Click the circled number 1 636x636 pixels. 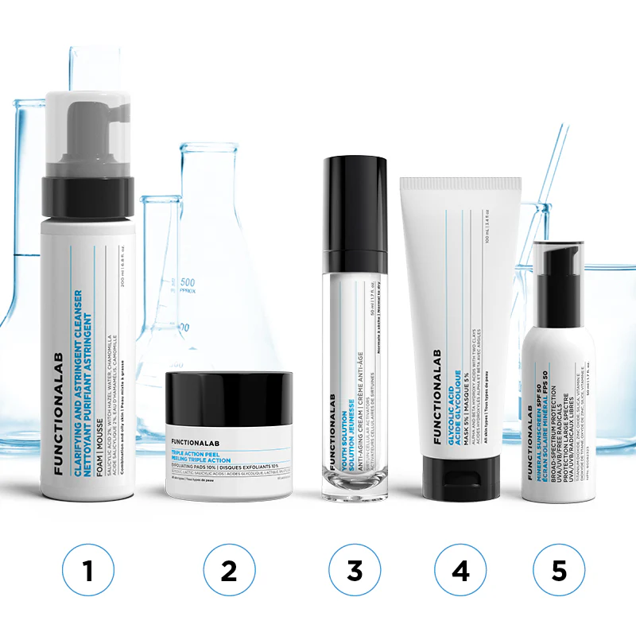88,570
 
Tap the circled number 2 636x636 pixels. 229,570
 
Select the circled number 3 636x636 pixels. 355,570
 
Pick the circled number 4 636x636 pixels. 460,570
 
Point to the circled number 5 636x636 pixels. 559,570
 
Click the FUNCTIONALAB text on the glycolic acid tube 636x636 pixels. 436,396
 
